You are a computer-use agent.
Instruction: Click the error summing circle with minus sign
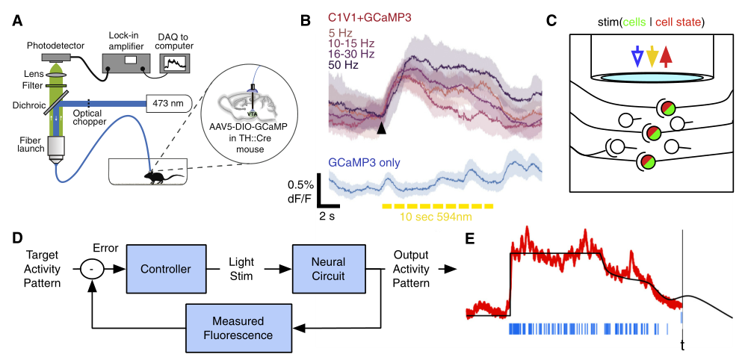[x=92, y=268]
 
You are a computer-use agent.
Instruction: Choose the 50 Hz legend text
[x=343, y=66]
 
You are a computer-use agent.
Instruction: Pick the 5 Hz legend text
[x=341, y=33]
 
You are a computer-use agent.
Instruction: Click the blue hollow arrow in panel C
[x=636, y=56]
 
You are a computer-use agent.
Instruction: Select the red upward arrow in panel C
[x=667, y=56]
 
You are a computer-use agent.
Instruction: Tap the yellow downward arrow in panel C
[x=652, y=56]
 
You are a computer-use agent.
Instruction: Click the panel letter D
[x=17, y=238]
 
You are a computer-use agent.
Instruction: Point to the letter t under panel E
[x=682, y=345]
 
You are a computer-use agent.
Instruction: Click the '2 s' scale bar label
[x=327, y=216]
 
